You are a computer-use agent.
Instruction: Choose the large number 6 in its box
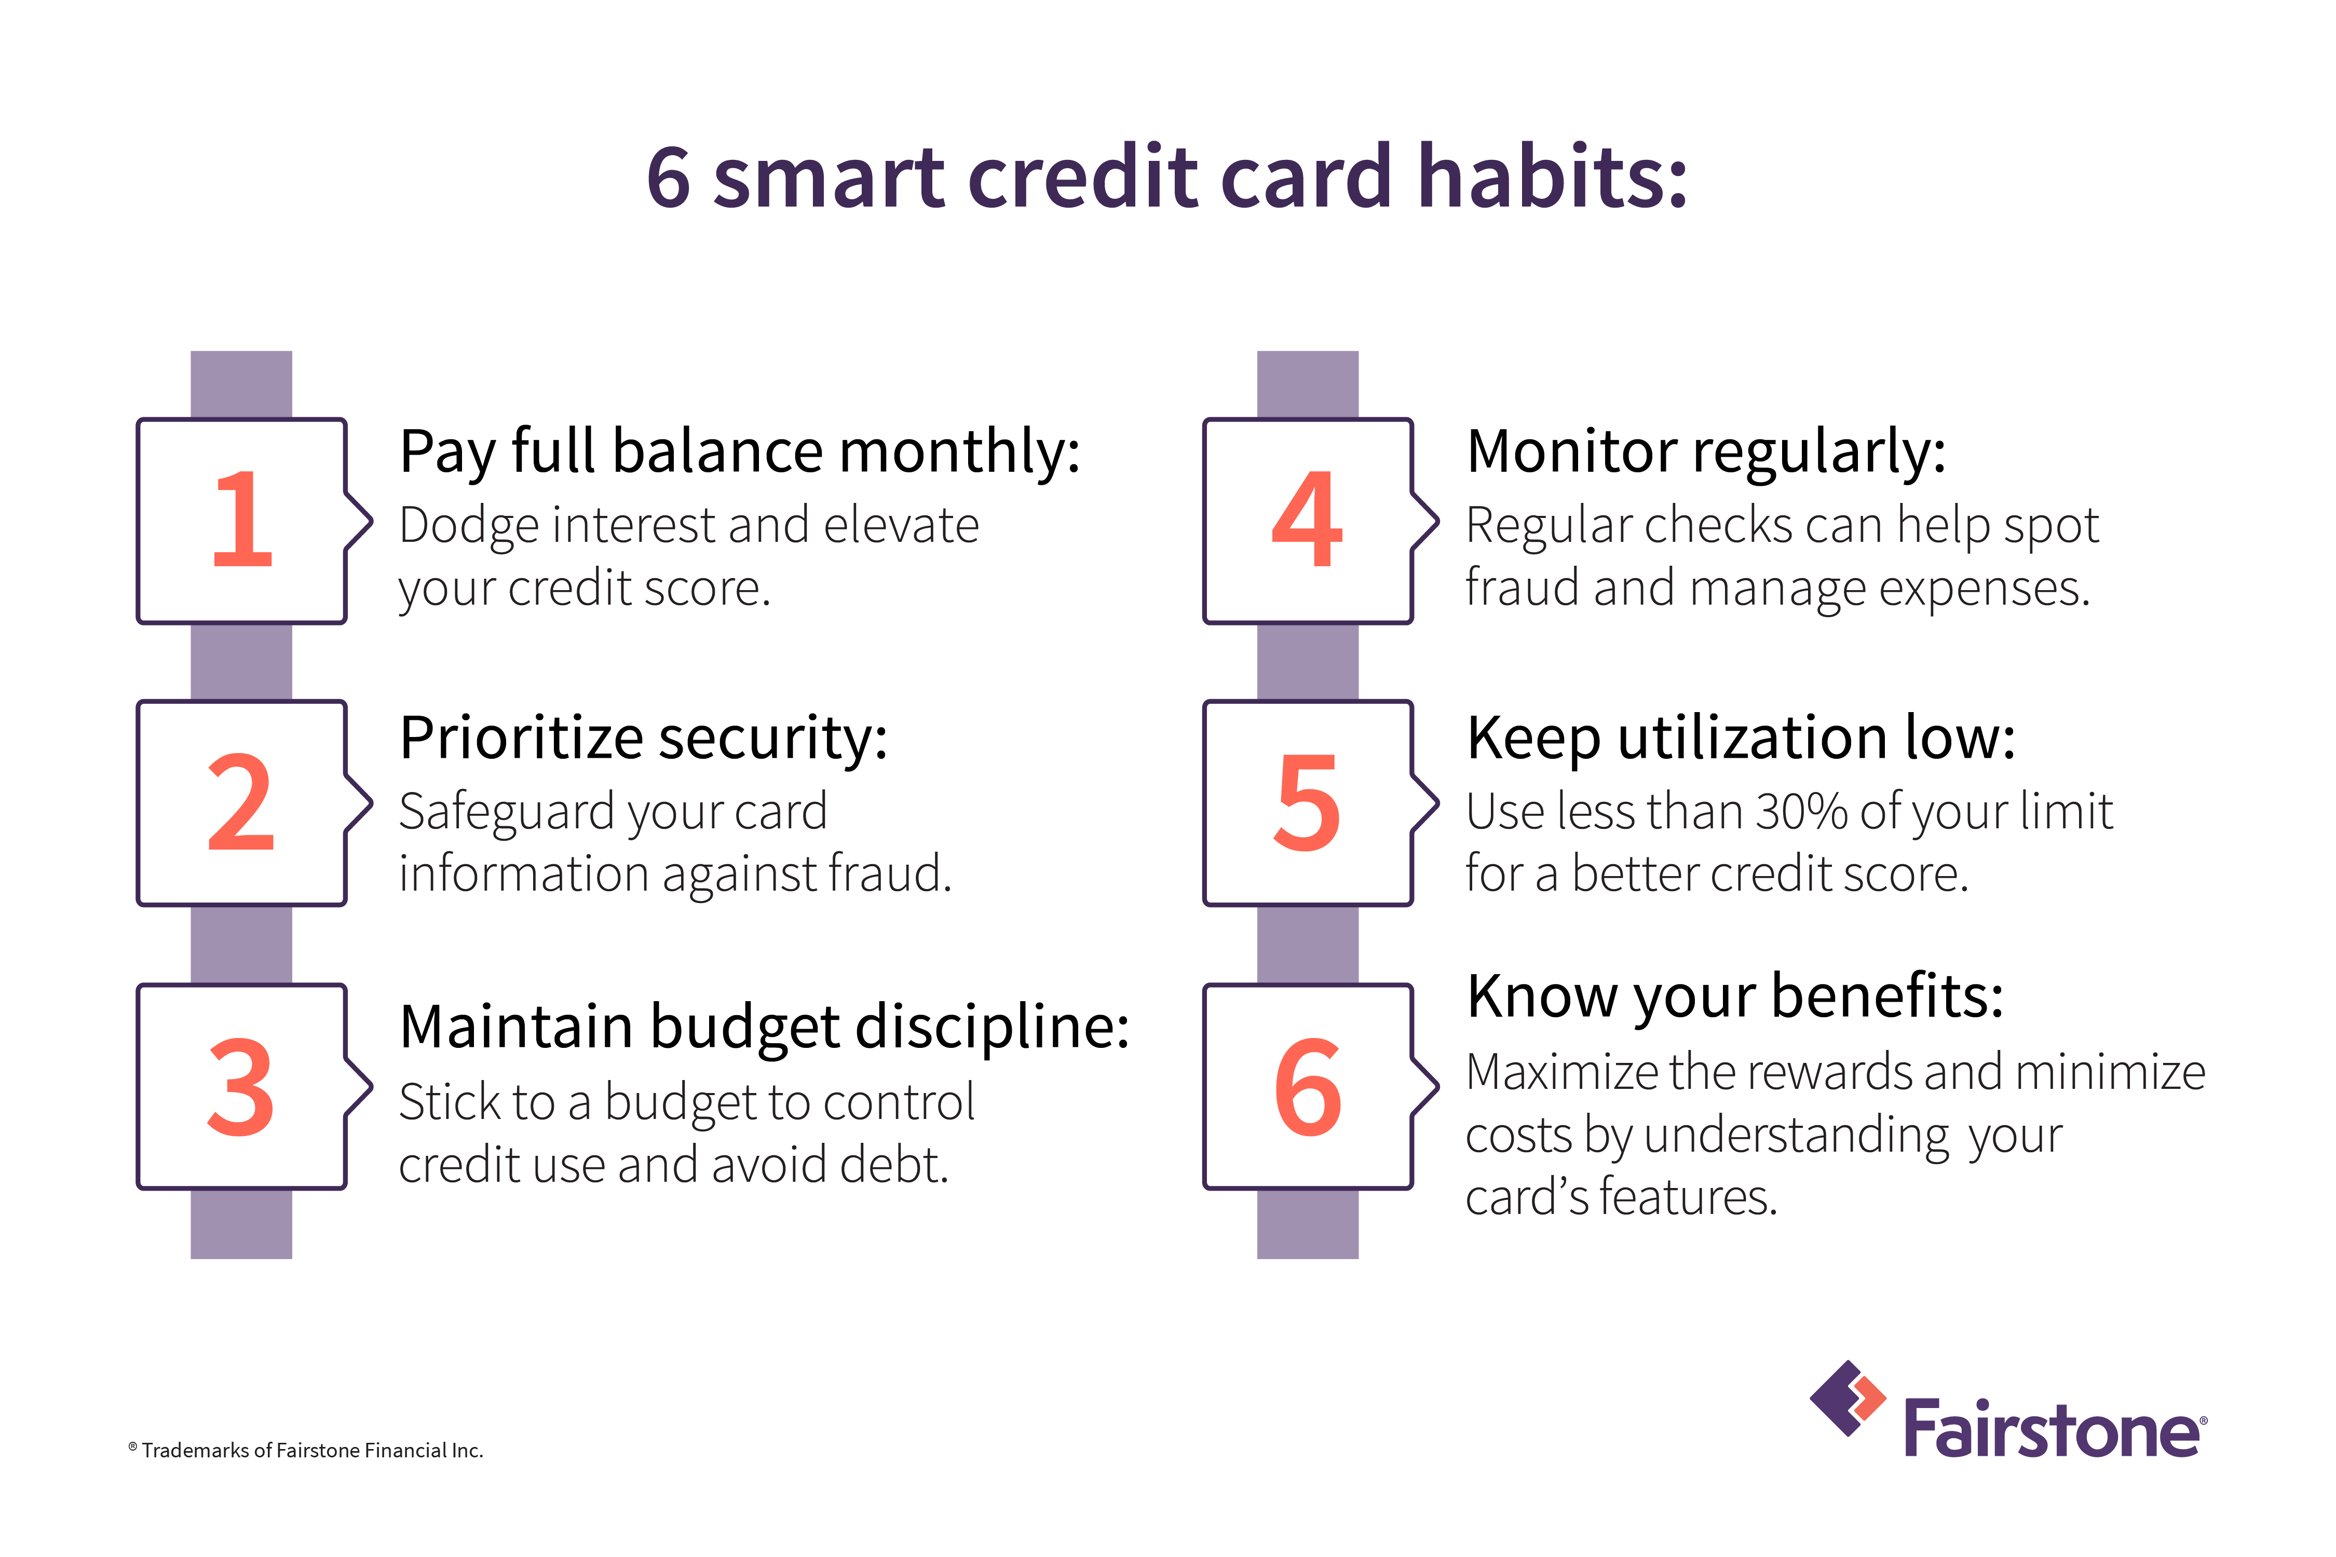coord(1307,1087)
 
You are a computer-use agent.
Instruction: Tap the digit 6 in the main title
coord(669,179)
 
